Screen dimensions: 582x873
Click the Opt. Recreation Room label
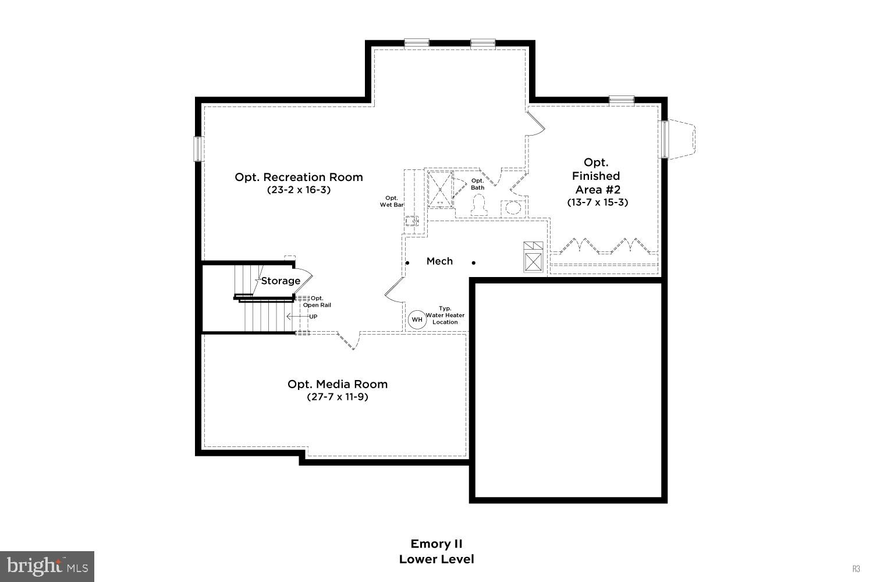coord(299,177)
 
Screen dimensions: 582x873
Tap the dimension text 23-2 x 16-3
coord(299,190)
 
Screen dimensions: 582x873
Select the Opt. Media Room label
coord(338,384)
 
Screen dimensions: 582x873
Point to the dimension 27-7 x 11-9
coord(338,397)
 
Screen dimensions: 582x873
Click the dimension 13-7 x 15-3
coord(598,203)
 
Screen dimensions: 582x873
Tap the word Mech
coord(439,261)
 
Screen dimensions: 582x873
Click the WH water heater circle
coord(417,320)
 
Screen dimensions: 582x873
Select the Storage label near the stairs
coord(281,281)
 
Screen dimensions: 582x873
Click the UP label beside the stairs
coord(313,317)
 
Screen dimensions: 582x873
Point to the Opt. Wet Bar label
coord(392,201)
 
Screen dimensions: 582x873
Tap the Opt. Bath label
coord(477,184)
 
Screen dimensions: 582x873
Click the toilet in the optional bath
coord(478,205)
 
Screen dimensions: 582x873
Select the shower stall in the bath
coord(439,189)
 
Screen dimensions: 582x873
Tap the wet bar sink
coord(412,221)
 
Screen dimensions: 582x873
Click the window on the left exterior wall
coord(198,148)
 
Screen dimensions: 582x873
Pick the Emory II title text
coord(436,544)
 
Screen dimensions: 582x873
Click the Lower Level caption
coord(436,559)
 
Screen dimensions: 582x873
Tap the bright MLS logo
coord(47,566)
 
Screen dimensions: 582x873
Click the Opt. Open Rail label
coord(317,301)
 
